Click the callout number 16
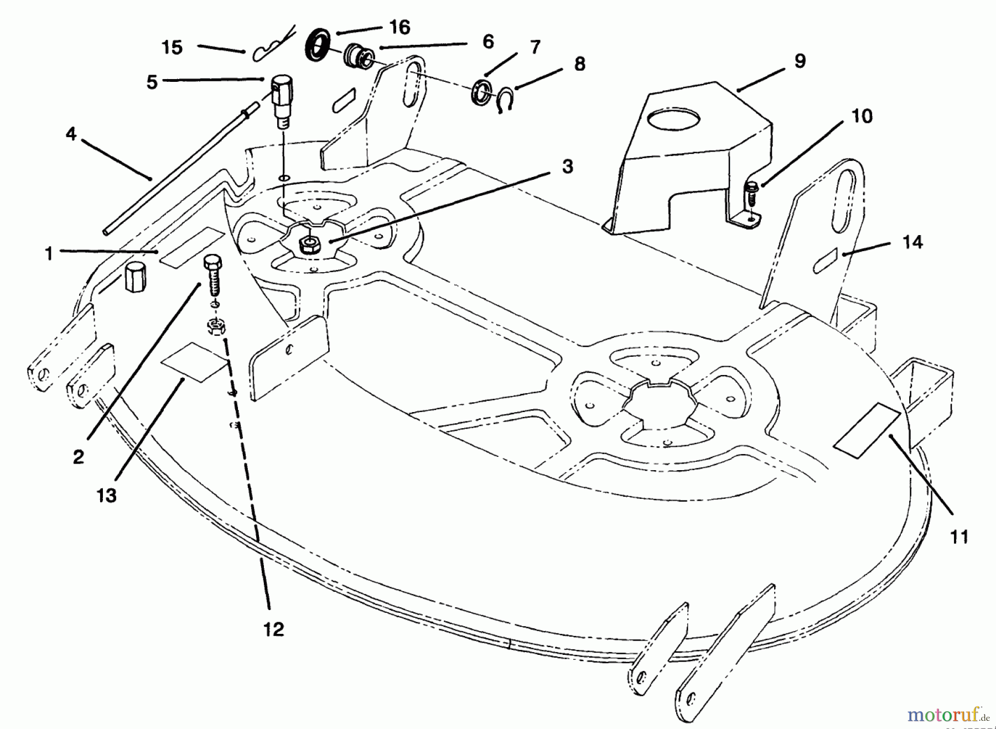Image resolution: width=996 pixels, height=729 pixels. (400, 27)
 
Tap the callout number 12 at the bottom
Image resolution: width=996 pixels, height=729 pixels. (274, 629)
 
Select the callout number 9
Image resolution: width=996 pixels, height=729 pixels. (800, 61)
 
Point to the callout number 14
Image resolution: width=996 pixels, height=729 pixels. (912, 242)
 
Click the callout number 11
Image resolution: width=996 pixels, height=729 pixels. (959, 537)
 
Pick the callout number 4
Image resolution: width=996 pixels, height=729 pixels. (71, 133)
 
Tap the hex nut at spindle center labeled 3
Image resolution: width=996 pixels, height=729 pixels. (308, 244)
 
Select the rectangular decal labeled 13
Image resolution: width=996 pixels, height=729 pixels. (193, 361)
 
